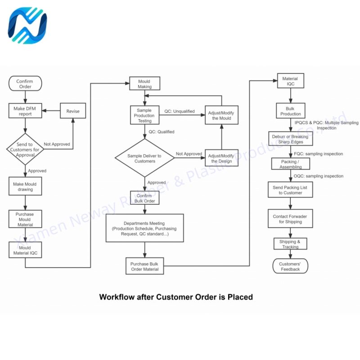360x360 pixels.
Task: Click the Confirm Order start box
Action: pyautogui.click(x=25, y=84)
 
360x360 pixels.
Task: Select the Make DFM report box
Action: pyautogui.click(x=25, y=111)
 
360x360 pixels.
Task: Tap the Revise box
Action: pyautogui.click(x=73, y=111)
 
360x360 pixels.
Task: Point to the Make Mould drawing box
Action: pyautogui.click(x=25, y=187)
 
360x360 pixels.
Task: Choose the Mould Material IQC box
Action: pyautogui.click(x=25, y=250)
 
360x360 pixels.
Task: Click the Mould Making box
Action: pyautogui.click(x=145, y=84)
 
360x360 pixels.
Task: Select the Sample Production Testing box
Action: pyautogui.click(x=145, y=116)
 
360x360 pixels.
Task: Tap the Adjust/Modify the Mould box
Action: pyautogui.click(x=221, y=115)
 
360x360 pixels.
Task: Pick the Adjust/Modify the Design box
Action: pyautogui.click(x=221, y=158)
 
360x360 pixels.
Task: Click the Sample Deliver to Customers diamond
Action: pyautogui.click(x=144, y=158)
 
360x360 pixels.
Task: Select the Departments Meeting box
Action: pyautogui.click(x=144, y=229)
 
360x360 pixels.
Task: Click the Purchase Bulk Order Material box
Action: pyautogui.click(x=144, y=266)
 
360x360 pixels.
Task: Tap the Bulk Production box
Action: pyautogui.click(x=290, y=111)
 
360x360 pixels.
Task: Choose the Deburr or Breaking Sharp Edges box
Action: pyautogui.click(x=290, y=139)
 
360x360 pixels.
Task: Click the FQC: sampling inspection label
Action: pyautogui.click(x=318, y=154)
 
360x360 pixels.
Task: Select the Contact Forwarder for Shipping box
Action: pyautogui.click(x=290, y=219)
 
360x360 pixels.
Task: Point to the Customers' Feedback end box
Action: pyautogui.click(x=290, y=266)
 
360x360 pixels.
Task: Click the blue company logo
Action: pyautogui.click(x=27, y=26)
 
